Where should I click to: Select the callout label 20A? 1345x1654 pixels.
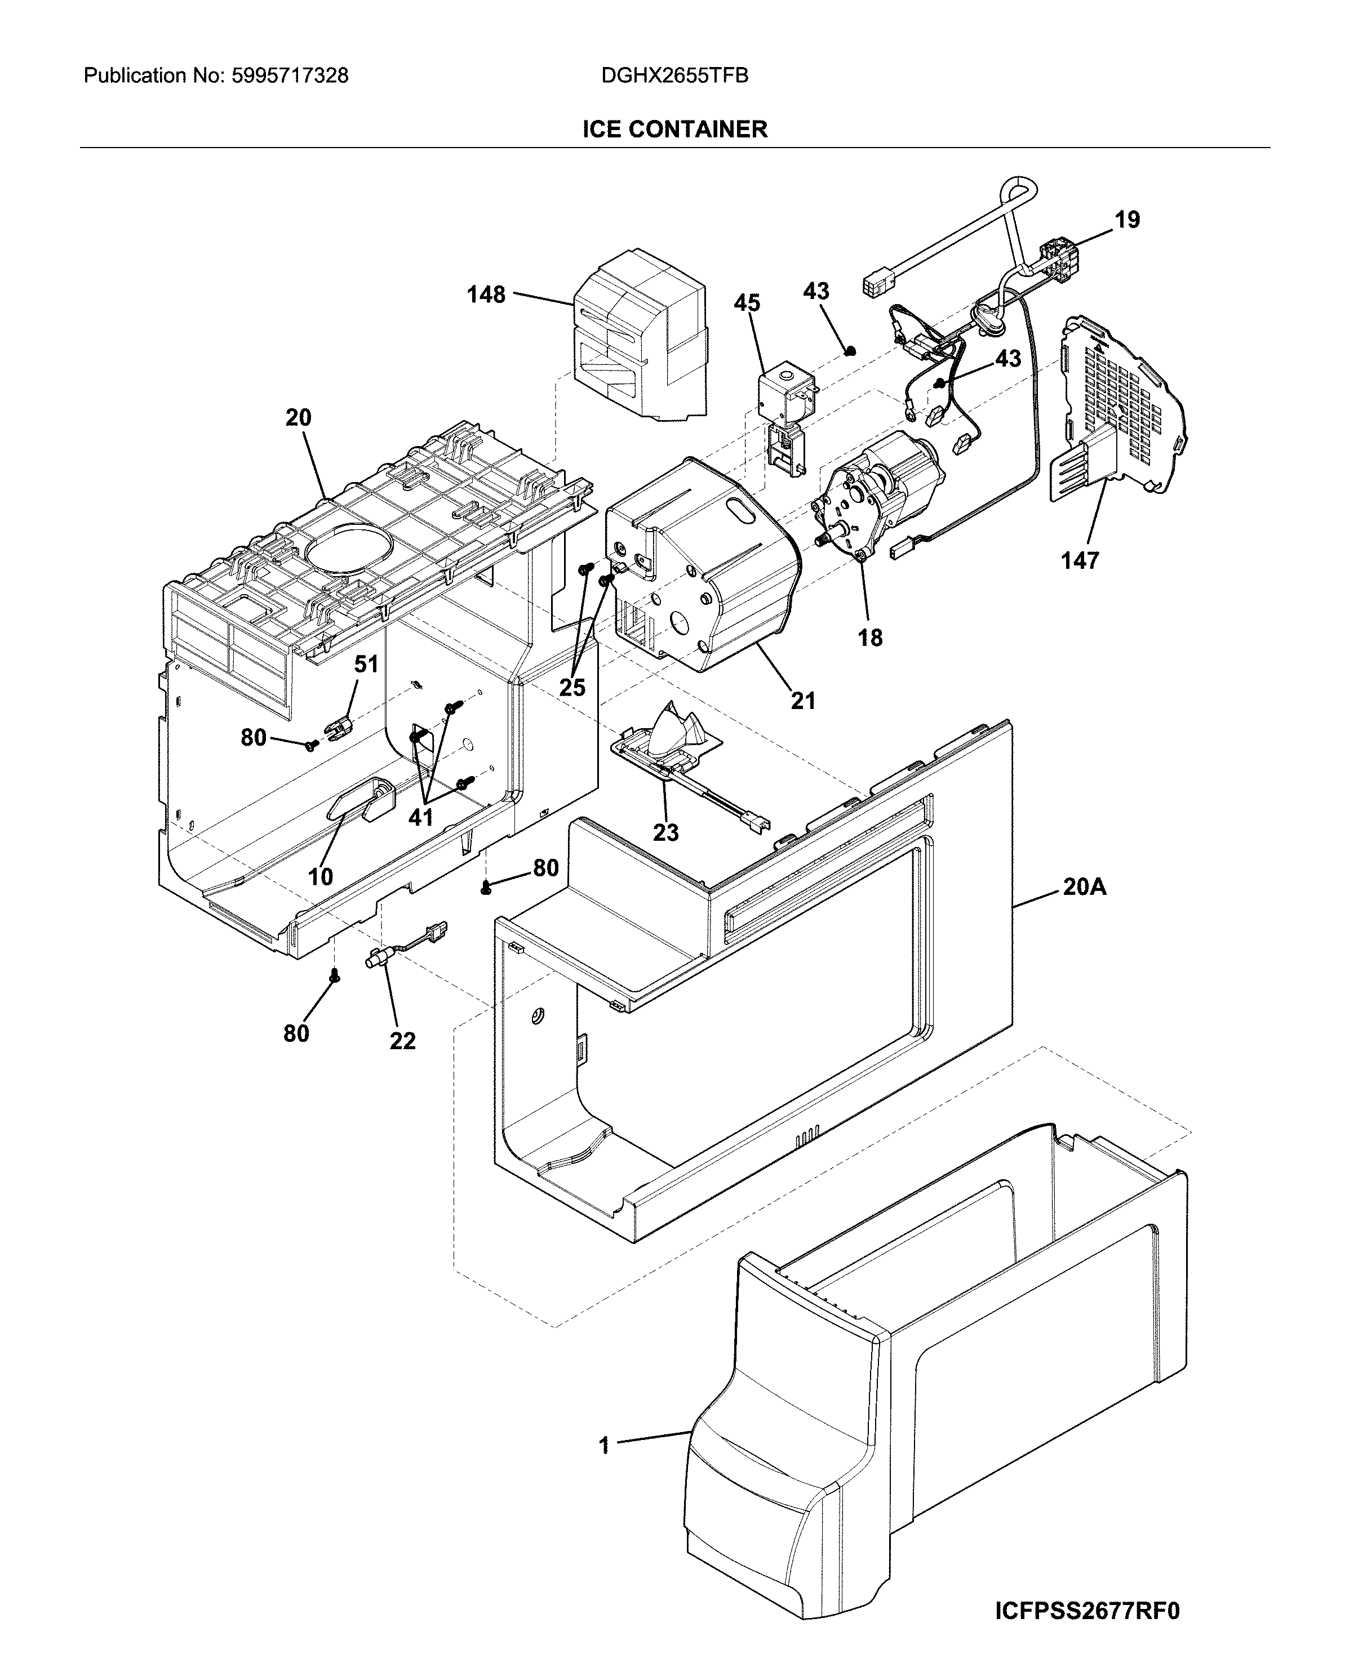coord(1084,886)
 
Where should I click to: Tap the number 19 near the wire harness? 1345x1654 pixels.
coord(1128,220)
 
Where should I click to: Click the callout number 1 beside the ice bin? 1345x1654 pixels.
coord(604,1445)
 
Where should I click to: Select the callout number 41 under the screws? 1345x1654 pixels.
coord(421,817)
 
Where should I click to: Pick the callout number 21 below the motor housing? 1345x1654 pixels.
coord(802,701)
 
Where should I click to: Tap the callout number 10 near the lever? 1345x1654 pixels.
coord(320,876)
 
